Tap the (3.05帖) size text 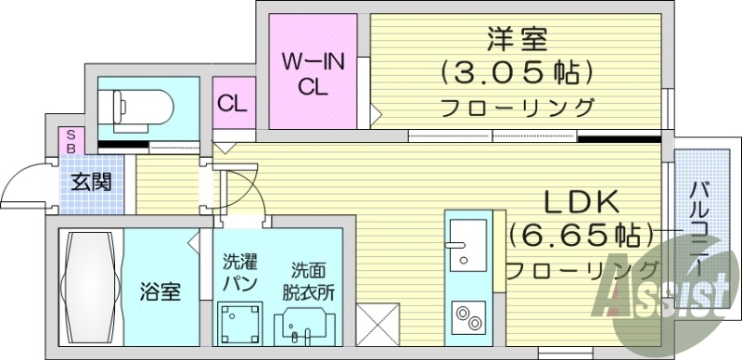[x=516, y=71]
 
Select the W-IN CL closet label [x=313, y=75]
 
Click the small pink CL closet [x=232, y=103]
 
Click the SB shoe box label [x=68, y=141]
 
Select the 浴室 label [x=160, y=290]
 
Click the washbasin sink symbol [x=304, y=327]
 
